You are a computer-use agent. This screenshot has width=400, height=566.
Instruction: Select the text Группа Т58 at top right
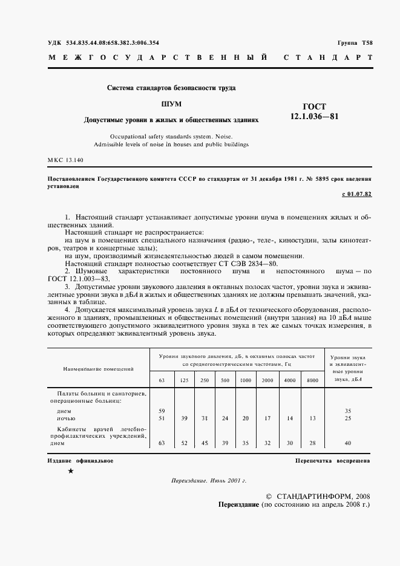pos(355,44)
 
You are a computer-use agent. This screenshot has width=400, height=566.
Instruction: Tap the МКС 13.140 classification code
pos(65,160)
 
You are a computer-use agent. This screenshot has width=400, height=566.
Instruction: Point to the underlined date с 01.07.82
pos(356,194)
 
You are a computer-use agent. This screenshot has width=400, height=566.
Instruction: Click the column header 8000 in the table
pos(312,380)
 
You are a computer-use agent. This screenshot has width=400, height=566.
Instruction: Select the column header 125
pos(183,380)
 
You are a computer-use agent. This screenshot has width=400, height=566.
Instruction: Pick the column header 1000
pos(246,380)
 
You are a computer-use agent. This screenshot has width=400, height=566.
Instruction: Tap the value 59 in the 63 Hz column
pos(161,411)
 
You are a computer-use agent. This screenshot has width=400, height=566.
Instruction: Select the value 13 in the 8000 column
pos(312,417)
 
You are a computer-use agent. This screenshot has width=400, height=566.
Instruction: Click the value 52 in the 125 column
pos(183,443)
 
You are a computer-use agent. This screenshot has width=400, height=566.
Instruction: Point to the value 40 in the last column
pos(347,443)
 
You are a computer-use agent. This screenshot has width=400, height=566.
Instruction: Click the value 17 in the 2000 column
pos(267,417)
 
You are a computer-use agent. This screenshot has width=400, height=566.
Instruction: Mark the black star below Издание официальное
pos(71,471)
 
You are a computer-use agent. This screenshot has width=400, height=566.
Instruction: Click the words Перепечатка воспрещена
pos(333,460)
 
